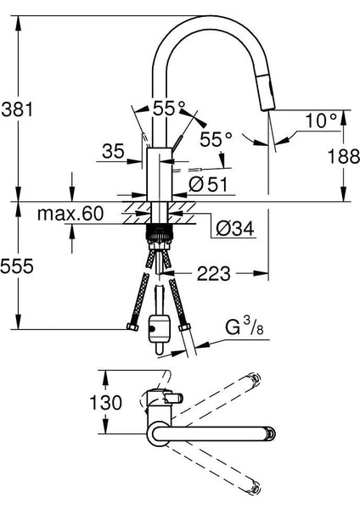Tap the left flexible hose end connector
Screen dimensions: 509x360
131,326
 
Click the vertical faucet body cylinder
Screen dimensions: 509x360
160,175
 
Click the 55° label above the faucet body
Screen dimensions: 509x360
168,109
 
